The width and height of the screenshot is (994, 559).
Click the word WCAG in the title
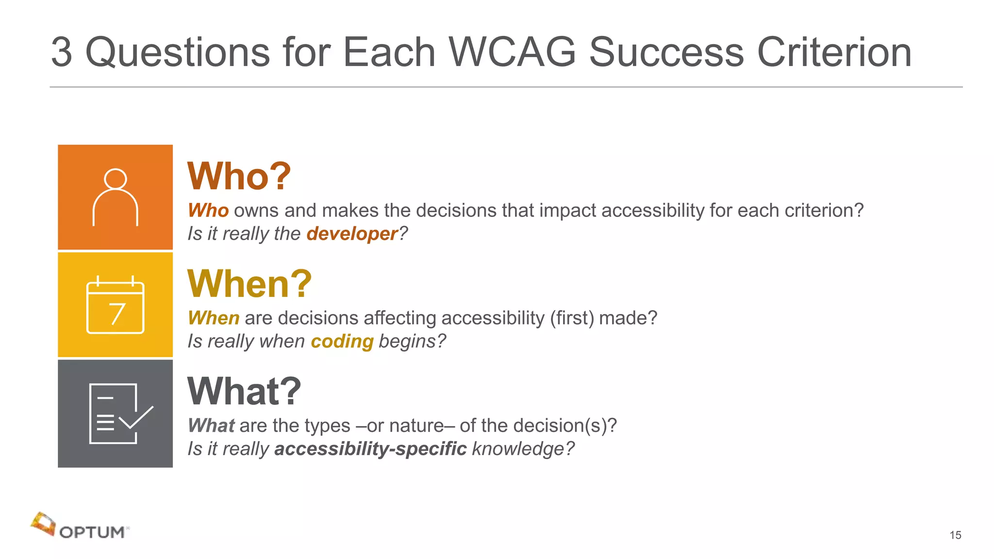click(x=512, y=52)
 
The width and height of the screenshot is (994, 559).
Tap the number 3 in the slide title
click(x=62, y=52)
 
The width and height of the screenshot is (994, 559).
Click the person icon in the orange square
click(x=116, y=197)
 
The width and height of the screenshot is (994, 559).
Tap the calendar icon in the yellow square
click(x=116, y=305)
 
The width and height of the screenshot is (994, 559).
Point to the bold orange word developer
click(x=352, y=234)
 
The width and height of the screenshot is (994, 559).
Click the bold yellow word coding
click(x=342, y=341)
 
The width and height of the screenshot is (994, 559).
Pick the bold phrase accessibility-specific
click(x=370, y=449)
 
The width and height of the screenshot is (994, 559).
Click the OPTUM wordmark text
click(x=92, y=532)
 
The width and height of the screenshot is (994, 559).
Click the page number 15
click(x=955, y=535)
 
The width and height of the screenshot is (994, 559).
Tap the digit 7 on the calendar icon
click(x=117, y=314)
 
